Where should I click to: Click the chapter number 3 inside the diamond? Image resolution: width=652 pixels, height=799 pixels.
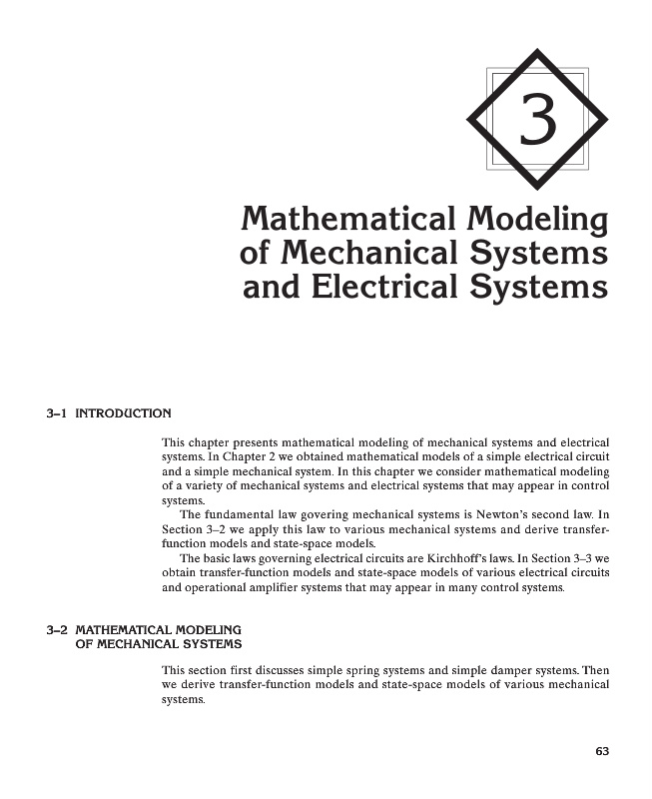[x=538, y=121]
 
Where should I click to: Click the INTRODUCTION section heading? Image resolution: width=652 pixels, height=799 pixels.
[x=124, y=412]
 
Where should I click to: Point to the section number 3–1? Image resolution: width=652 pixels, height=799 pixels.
[x=57, y=412]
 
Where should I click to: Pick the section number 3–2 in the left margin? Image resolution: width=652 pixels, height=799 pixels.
[x=57, y=630]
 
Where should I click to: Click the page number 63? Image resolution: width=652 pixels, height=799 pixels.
[x=602, y=751]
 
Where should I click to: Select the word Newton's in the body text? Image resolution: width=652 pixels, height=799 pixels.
[x=491, y=515]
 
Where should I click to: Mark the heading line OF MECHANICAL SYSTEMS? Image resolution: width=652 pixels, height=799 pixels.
[x=159, y=644]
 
